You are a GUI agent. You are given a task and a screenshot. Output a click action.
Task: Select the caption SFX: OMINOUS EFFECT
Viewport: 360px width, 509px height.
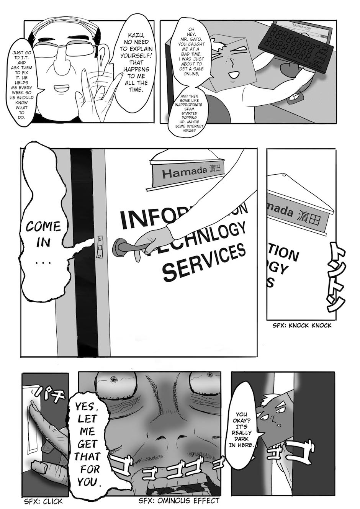pos(179,501)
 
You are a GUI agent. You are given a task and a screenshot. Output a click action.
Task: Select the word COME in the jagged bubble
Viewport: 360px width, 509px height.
pos(43,226)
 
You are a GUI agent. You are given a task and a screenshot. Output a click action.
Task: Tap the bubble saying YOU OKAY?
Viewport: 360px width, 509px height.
pos(241,429)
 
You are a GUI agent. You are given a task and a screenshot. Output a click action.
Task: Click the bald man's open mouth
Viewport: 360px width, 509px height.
pos(61,89)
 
